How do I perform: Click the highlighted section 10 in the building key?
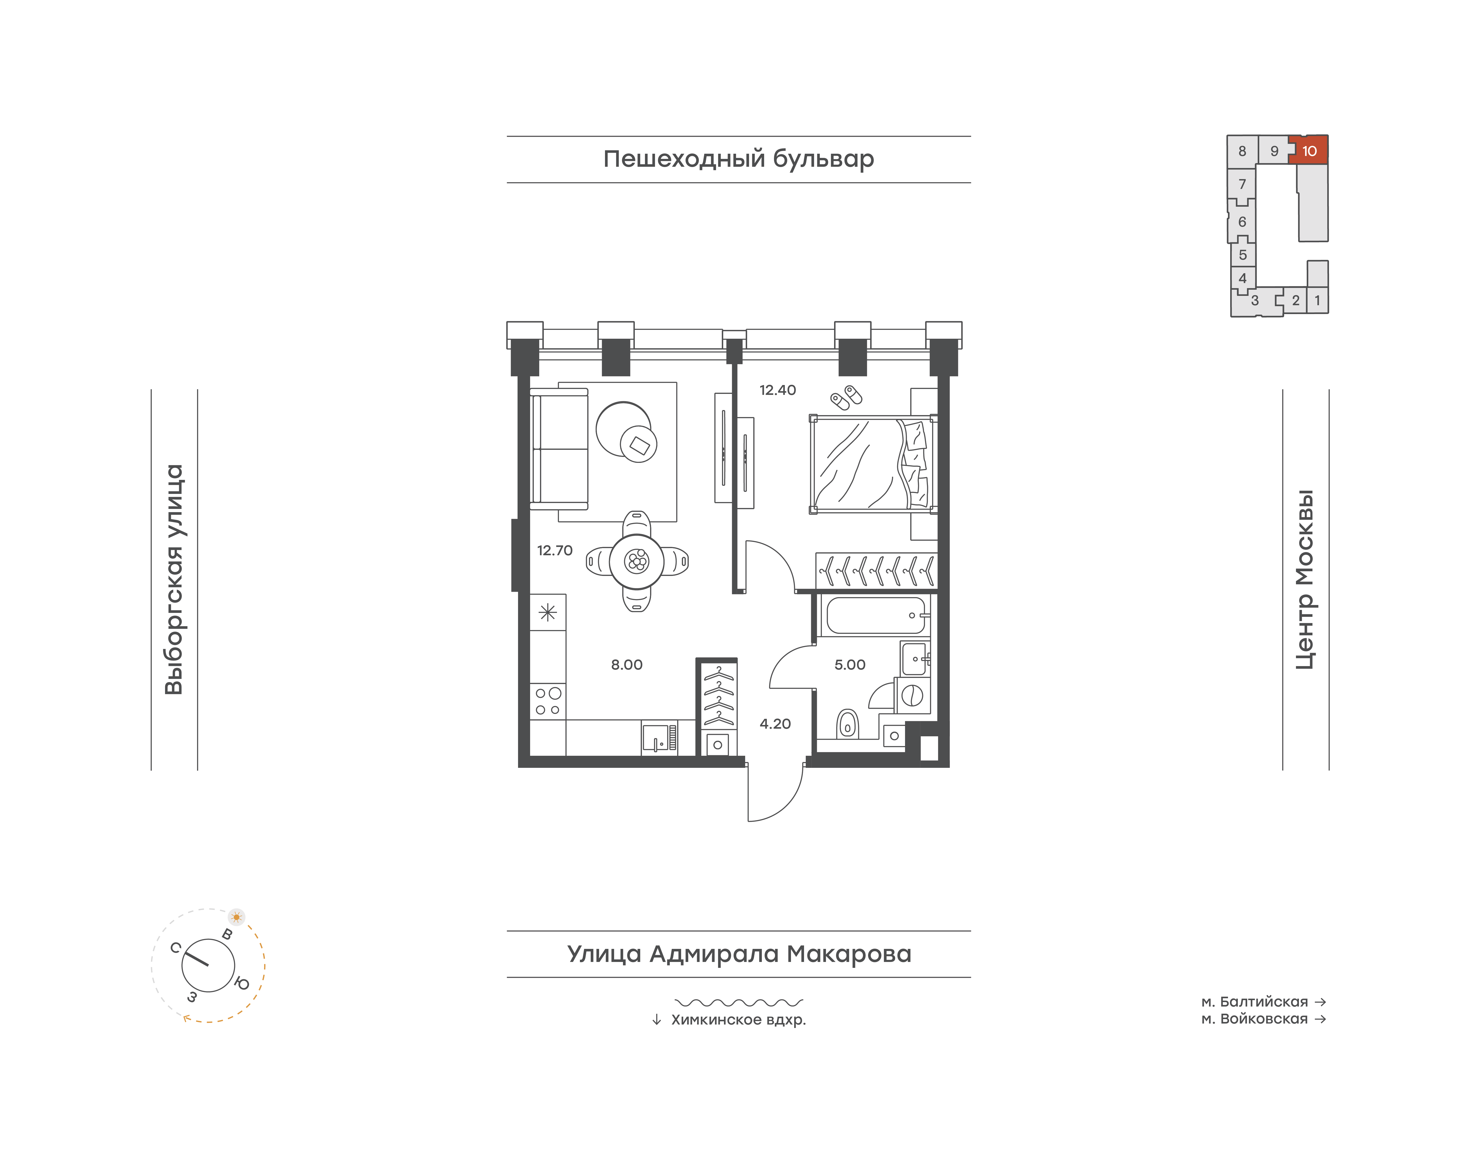click(x=1309, y=150)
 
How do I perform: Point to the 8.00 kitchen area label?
click(x=626, y=665)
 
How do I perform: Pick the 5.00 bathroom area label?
click(x=850, y=665)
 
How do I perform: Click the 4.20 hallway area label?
click(x=775, y=724)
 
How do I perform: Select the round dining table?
click(x=637, y=561)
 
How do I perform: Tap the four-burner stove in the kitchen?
click(x=547, y=701)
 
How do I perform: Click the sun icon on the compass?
click(x=236, y=917)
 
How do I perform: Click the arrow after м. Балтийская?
click(x=1320, y=1002)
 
